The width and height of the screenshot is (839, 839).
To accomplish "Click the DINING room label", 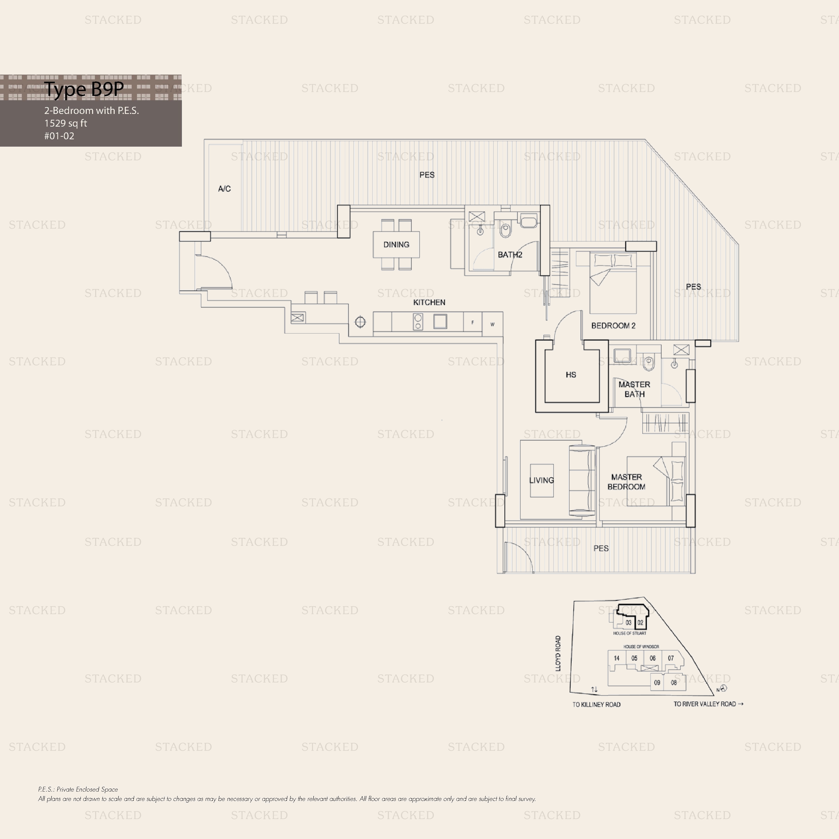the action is point(396,245).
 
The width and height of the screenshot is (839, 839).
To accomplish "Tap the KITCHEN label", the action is point(429,302).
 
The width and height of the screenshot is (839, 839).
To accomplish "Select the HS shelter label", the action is point(571,374).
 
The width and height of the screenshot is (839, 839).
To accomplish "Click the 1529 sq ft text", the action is point(65,123).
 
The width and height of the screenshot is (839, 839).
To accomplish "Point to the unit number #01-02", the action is point(59,136).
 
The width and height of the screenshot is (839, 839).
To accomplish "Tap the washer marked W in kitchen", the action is point(492,324).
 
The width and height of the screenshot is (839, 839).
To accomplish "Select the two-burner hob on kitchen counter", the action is point(418,321).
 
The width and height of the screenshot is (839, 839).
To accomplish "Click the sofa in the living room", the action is point(582,481).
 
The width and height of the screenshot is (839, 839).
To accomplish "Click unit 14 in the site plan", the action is point(617,658).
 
